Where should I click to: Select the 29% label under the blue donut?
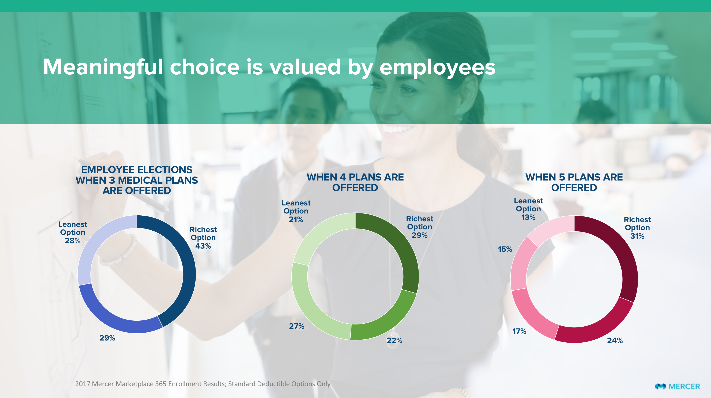107,338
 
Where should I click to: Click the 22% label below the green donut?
394,341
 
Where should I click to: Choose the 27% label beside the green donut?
296,326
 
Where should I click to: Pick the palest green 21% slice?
323,234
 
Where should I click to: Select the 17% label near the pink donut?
519,331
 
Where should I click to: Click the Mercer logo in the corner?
677,386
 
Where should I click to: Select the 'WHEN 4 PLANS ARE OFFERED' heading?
355,182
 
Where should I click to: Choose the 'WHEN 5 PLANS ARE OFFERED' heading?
574,182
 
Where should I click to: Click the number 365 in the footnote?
161,384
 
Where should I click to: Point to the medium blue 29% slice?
116,317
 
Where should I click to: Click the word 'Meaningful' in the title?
103,67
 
